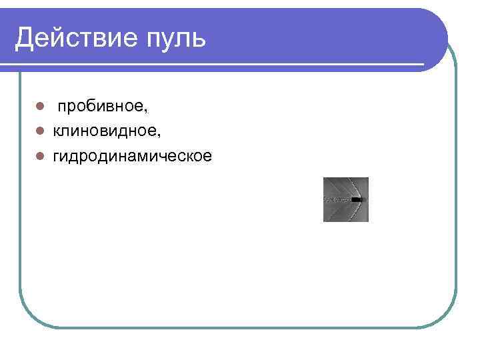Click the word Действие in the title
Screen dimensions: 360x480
tap(73, 38)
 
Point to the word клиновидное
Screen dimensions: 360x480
tap(106, 131)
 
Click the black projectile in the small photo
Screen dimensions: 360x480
tap(358, 199)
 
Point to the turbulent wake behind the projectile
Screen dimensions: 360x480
tap(337, 200)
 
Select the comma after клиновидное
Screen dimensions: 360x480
tap(159, 135)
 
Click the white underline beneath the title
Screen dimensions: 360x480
tap(213, 65)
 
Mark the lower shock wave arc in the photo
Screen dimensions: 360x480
tap(344, 211)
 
